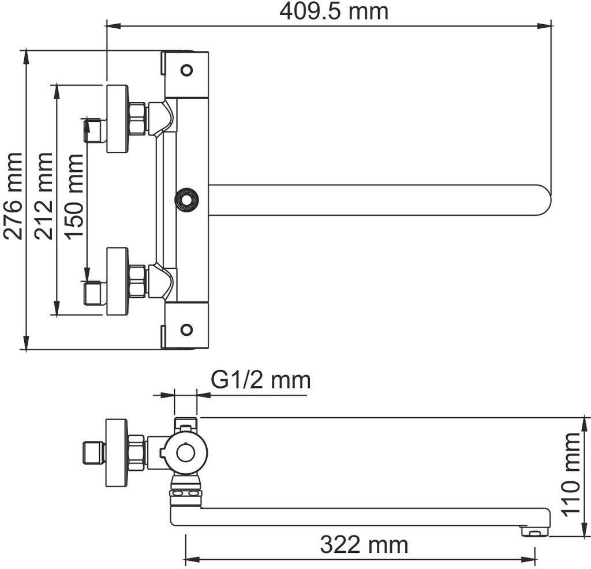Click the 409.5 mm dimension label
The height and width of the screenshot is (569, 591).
(333, 11)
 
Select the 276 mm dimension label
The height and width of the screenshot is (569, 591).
(13, 196)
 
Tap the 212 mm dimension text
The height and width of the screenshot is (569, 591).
(43, 196)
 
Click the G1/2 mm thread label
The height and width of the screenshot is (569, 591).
(260, 380)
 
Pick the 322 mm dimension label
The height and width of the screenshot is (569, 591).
(364, 544)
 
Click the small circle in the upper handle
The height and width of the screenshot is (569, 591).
(186, 70)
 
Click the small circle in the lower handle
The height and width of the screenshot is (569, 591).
(186, 330)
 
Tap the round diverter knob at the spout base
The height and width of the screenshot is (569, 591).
(186, 200)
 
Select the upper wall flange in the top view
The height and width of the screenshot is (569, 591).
(117, 119)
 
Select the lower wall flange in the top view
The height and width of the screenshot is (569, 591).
(117, 282)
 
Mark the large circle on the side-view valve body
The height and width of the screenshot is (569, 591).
(185, 452)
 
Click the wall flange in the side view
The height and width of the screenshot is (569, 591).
(115, 452)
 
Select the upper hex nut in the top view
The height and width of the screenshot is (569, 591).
(137, 119)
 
